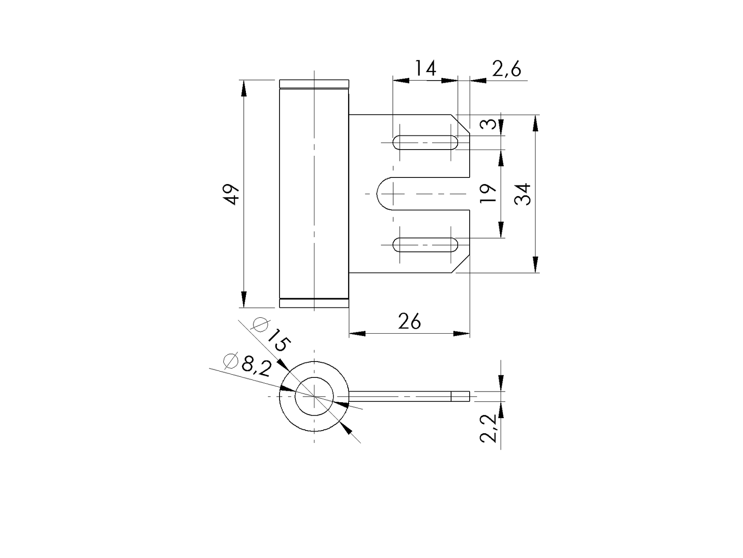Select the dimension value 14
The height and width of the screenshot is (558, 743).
click(x=425, y=69)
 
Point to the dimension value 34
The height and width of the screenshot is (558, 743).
click(x=523, y=194)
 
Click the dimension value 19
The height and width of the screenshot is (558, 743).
click(x=488, y=194)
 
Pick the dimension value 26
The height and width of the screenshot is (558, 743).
click(x=409, y=321)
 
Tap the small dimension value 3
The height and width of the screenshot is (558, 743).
click(x=488, y=124)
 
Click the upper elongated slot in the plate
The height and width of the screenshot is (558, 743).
click(x=425, y=142)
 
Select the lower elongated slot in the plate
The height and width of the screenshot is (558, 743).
click(x=425, y=245)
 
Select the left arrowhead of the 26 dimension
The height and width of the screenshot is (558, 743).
click(x=356, y=333)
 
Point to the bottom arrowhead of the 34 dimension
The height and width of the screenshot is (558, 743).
click(x=536, y=264)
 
